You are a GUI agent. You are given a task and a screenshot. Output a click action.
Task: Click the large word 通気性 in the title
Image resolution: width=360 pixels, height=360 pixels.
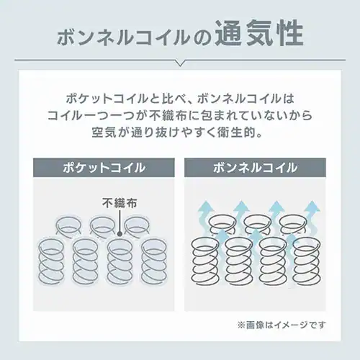click(x=258, y=34)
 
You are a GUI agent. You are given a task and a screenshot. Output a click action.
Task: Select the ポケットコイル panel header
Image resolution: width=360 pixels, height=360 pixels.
click(x=104, y=168)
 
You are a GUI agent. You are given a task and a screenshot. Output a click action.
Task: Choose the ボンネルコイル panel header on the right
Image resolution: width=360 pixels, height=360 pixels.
click(x=255, y=168)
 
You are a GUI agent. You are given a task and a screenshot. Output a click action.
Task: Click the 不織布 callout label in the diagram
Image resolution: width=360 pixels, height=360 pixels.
click(x=120, y=203)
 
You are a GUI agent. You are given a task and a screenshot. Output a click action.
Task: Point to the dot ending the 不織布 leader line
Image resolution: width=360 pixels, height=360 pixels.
click(x=120, y=234)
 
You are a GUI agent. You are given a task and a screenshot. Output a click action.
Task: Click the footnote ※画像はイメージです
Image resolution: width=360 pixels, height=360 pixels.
click(x=282, y=325)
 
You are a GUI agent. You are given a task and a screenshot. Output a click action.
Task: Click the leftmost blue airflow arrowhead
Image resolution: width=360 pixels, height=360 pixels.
click(x=206, y=207)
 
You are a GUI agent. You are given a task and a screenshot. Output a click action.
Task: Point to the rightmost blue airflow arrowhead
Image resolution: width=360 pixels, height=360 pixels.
click(x=312, y=207)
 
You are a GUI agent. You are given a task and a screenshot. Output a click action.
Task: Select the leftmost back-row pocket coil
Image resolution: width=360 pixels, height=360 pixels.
click(x=69, y=225)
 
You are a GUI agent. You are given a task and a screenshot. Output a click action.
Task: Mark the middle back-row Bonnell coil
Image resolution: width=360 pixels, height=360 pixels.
click(x=257, y=225)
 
